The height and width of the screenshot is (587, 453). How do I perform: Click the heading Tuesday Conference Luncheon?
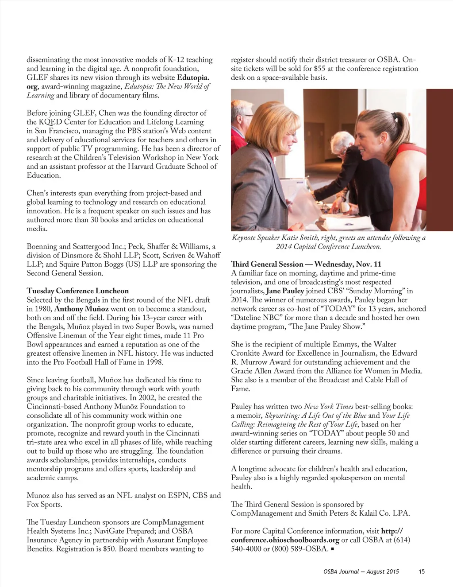77,291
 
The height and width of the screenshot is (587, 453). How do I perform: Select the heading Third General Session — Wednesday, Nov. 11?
306,264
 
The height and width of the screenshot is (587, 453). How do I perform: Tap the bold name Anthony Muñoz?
81,309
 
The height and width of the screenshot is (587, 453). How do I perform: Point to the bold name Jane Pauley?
285,291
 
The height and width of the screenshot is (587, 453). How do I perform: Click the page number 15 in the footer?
422,571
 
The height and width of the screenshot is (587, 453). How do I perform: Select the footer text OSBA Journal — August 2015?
361,571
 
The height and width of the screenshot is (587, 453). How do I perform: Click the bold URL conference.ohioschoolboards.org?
285,540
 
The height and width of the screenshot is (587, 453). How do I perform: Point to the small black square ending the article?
332,549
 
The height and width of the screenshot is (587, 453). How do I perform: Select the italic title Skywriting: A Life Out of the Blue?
315,416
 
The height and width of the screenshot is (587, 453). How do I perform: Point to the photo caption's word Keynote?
244,238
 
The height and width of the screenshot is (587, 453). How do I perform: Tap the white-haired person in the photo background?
340,141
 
